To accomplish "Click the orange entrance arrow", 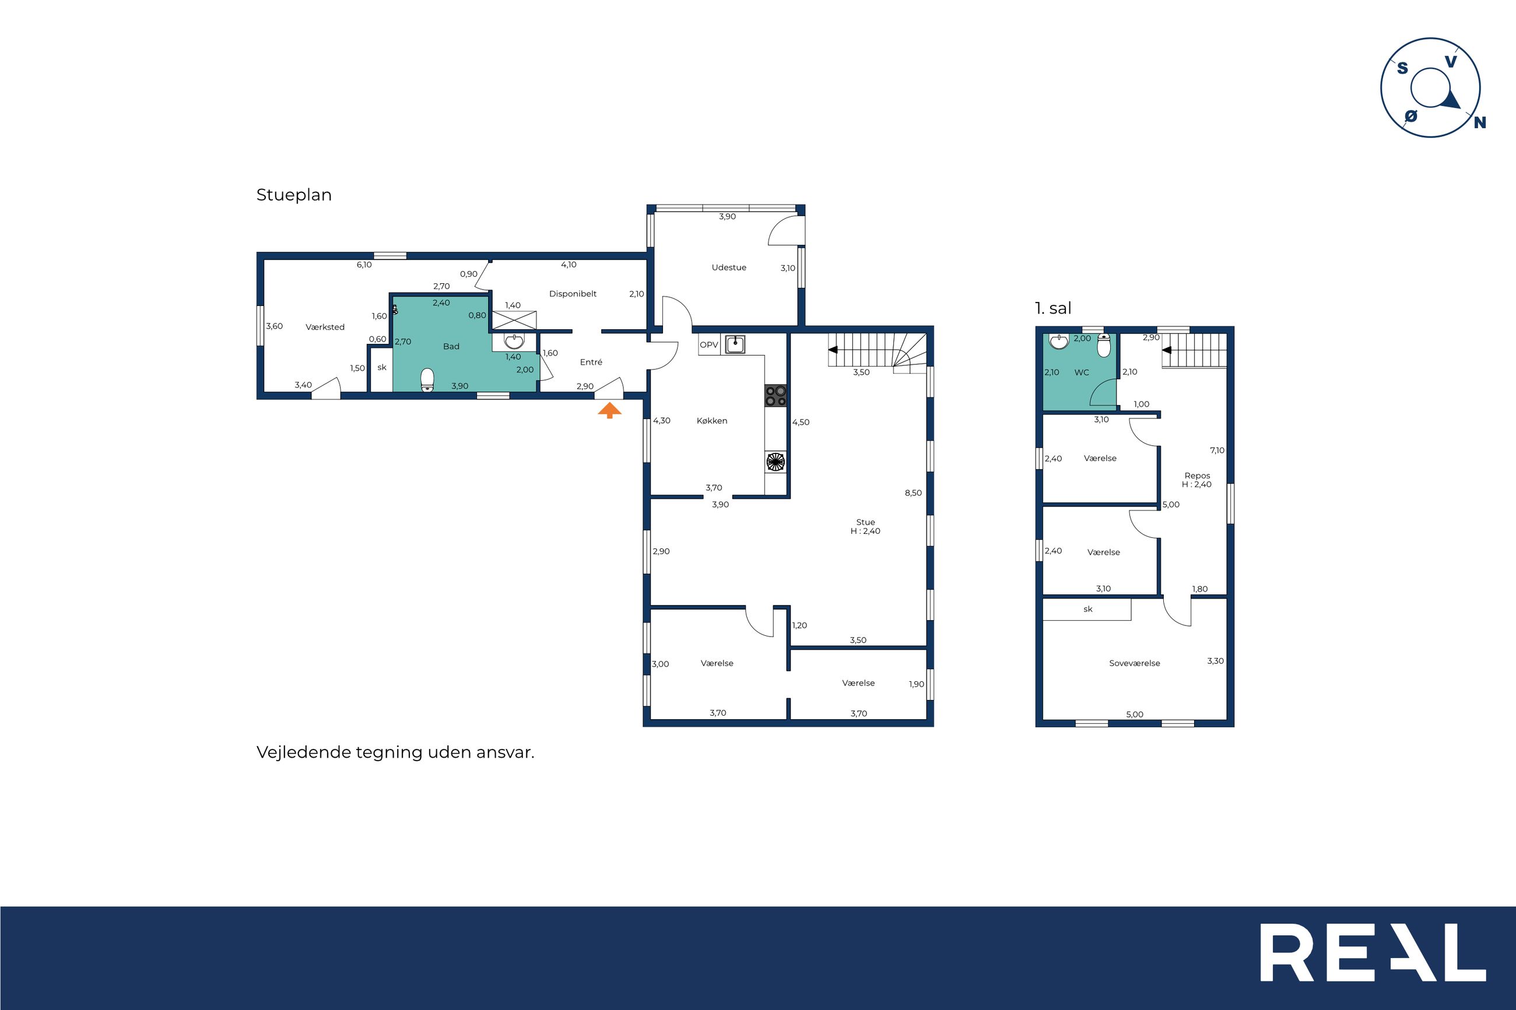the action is click(x=609, y=411).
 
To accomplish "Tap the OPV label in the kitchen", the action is click(x=708, y=345).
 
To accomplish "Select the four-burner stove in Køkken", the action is click(x=775, y=396).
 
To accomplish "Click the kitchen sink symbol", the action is click(x=735, y=344).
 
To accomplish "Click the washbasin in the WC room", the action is click(x=1058, y=341).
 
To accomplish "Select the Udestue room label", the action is click(x=729, y=268).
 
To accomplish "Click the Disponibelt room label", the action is click(x=573, y=294).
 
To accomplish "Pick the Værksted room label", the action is click(x=325, y=327).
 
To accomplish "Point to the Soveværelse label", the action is click(x=1135, y=663).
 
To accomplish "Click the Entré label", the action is click(x=591, y=362).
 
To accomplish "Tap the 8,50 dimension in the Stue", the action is click(x=913, y=493).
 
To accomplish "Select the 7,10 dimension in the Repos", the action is click(x=1217, y=451).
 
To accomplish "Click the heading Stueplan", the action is click(x=294, y=195).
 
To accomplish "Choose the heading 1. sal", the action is click(x=1053, y=308).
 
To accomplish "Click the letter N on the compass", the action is click(x=1480, y=122).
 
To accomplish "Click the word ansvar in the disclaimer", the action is click(x=505, y=752).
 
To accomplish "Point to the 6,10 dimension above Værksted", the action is click(x=364, y=265).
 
